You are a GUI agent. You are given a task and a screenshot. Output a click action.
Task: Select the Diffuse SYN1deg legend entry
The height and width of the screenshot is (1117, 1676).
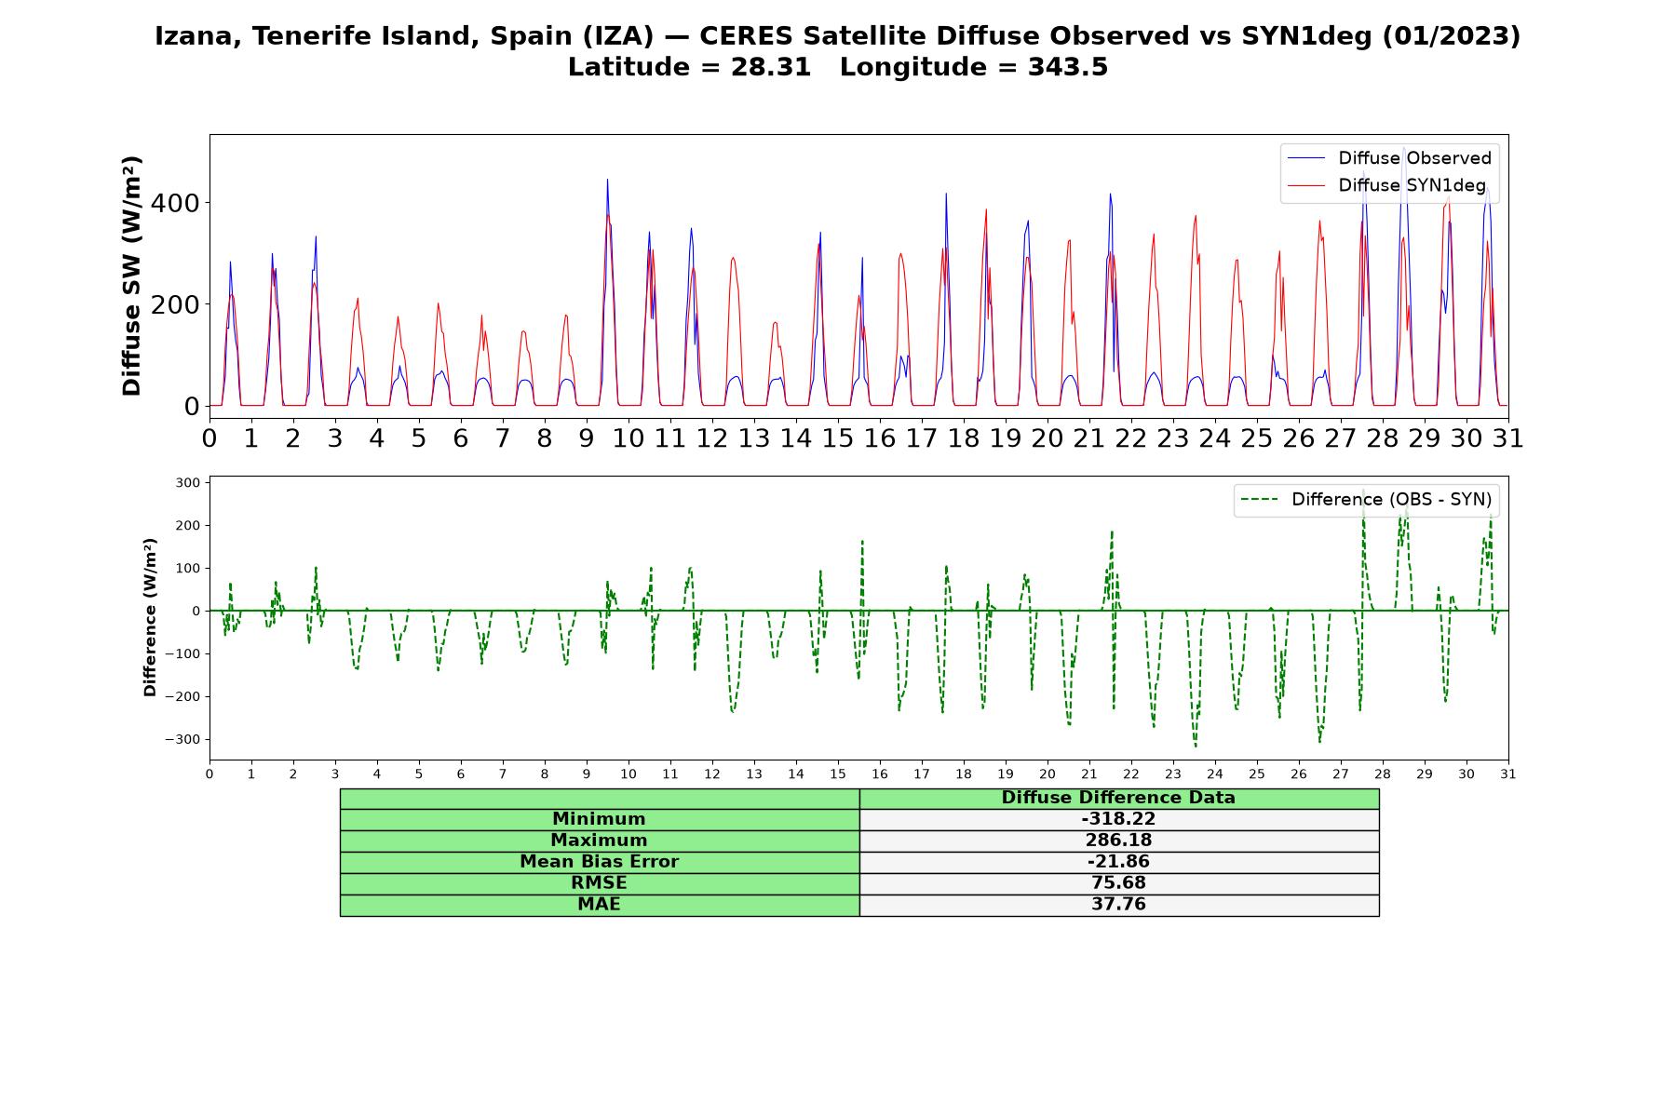(1386, 185)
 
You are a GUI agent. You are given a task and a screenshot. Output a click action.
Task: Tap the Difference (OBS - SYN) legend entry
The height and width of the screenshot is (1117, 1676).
(1367, 500)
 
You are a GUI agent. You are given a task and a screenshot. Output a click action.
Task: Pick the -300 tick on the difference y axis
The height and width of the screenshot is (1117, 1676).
(182, 740)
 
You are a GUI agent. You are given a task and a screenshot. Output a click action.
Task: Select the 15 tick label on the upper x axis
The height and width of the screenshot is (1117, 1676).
(837, 437)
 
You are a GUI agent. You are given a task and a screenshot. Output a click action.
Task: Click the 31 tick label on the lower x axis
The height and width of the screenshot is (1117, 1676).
(1507, 774)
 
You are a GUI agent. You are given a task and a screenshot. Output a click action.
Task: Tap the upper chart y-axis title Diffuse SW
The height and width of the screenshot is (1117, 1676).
(132, 276)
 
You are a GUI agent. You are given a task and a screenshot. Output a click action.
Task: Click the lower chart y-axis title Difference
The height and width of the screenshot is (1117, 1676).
(150, 617)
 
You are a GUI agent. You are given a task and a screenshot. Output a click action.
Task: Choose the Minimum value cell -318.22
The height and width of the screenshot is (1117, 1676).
(1118, 819)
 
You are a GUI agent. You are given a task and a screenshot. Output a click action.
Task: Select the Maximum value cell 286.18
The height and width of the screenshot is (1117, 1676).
(1118, 841)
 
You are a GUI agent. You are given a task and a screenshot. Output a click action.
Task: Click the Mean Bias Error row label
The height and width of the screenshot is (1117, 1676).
(599, 862)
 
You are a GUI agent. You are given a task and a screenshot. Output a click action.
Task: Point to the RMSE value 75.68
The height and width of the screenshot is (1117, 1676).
(1118, 883)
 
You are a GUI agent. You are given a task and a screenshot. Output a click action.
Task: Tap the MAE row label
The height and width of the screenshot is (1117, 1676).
(599, 905)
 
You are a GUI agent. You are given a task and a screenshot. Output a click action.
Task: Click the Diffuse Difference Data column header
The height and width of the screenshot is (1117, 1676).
(1118, 798)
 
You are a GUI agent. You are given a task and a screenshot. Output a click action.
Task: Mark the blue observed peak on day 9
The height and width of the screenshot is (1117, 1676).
(607, 180)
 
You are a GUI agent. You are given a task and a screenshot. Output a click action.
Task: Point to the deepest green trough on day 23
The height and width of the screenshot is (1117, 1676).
(1196, 746)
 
